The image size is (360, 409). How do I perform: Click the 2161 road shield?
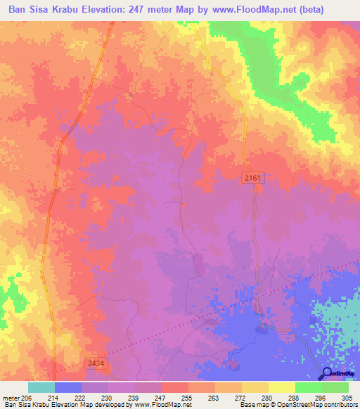coord(254,178)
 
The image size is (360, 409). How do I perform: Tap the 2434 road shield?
coord(97,363)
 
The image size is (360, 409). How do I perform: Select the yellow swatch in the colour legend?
coord(281,387)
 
